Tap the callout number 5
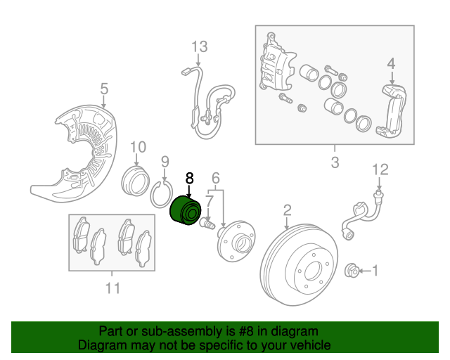104,89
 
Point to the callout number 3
334,163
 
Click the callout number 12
380,169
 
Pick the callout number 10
138,147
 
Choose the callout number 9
165,163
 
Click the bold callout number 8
188,179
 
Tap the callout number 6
216,178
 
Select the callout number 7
210,202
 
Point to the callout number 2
287,210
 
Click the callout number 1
374,269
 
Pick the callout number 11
112,288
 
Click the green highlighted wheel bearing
187,211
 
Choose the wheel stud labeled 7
207,224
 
